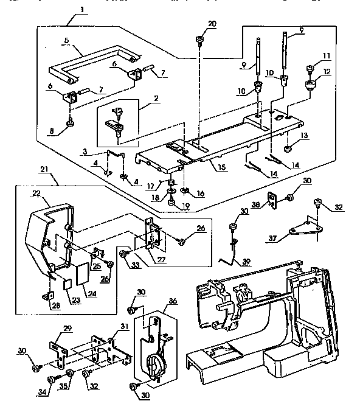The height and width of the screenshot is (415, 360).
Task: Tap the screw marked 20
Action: pos(199,41)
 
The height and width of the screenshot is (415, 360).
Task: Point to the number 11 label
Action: pos(327,56)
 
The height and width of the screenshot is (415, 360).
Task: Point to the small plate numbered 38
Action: pos(272,198)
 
